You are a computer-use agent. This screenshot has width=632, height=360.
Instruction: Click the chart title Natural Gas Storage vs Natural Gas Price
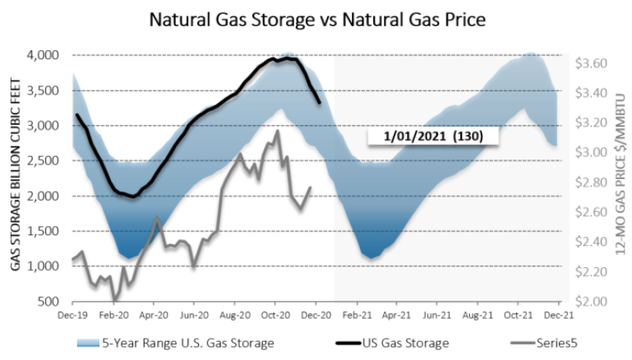(x=316, y=18)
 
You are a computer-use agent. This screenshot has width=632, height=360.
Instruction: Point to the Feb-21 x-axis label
(x=355, y=314)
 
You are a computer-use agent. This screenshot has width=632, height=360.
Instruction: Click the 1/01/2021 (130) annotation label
(x=414, y=135)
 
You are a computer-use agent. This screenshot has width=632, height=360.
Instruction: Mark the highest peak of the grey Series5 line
(x=277, y=130)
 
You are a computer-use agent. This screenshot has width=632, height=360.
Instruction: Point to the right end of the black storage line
(x=320, y=103)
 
